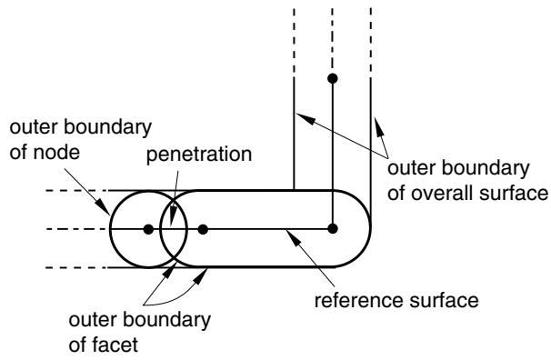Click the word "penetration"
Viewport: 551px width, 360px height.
tap(199, 155)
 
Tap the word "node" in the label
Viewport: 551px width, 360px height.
tap(56, 153)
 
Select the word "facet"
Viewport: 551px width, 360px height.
tap(115, 345)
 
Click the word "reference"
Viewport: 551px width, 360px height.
tap(356, 301)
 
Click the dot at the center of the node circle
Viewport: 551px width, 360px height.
tap(148, 229)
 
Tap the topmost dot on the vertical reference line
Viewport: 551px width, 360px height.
tap(333, 78)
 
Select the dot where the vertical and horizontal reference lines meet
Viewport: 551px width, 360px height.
tap(333, 229)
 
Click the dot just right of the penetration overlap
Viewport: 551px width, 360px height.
tap(203, 229)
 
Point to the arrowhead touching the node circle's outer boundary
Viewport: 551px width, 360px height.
tap(104, 206)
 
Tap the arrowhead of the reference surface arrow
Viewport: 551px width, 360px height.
tap(294, 236)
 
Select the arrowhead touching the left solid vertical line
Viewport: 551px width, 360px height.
tap(304, 117)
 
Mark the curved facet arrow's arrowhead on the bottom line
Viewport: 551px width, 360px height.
tap(200, 276)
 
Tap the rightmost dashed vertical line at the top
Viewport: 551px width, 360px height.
tap(371, 42)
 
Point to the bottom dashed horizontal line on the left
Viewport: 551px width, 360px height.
tap(76, 267)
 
